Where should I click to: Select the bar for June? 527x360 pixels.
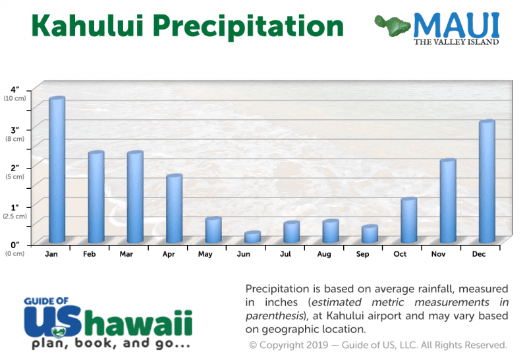tap(252, 237)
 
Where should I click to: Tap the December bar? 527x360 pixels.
tap(487, 182)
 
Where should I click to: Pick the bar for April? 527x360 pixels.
tap(174, 209)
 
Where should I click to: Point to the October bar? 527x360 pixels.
tap(408, 220)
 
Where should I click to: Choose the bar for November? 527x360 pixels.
tap(448, 201)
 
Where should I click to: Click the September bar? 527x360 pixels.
tap(370, 234)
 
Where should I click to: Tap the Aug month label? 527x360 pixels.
tap(324, 253)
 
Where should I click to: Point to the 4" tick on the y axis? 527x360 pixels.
tap(14, 90)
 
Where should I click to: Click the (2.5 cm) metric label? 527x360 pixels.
tap(14, 216)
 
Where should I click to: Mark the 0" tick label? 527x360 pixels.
tap(14, 245)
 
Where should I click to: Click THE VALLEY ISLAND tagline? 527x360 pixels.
tap(456, 42)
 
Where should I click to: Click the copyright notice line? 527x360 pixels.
tap(377, 345)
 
